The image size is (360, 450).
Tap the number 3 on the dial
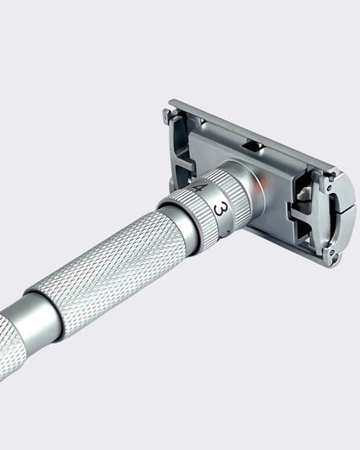point(221,209)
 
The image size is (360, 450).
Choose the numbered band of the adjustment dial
point(211,201)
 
